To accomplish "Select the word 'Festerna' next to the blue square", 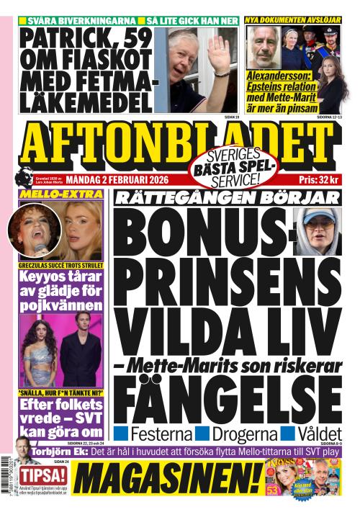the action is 161,434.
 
